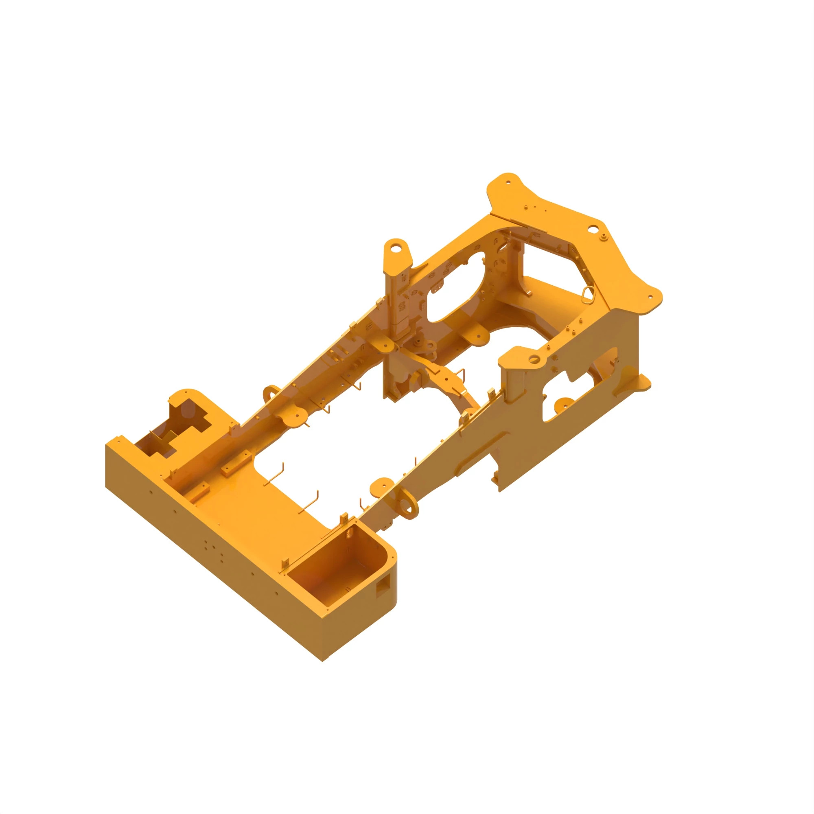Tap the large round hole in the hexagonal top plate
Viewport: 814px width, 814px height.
click(592, 229)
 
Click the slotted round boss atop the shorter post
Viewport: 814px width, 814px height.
click(534, 359)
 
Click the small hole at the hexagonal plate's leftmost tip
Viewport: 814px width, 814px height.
click(508, 182)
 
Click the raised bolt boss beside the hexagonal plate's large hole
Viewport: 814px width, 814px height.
click(604, 236)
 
